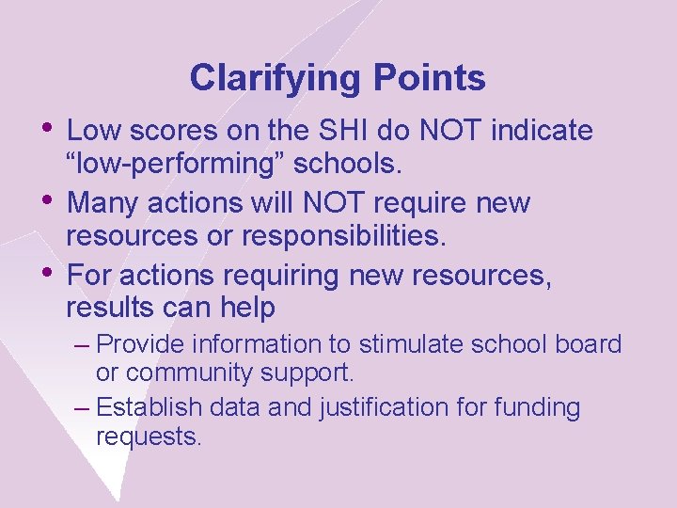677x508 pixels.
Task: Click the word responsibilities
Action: (342, 236)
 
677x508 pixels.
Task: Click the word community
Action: (187, 373)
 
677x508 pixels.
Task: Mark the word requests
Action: (149, 437)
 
